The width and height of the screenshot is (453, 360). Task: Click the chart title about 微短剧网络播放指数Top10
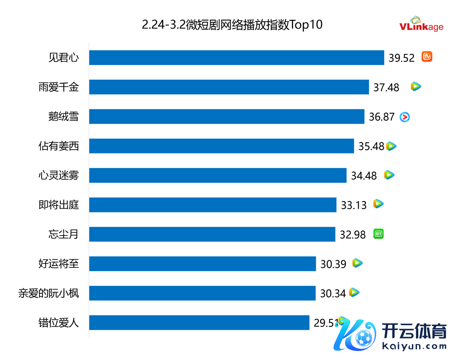click(x=232, y=25)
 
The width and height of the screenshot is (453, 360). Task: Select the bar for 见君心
click(x=237, y=58)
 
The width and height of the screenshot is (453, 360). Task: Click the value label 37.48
click(x=386, y=87)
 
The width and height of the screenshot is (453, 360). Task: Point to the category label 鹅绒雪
click(x=63, y=117)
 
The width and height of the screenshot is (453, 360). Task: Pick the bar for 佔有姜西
click(x=221, y=146)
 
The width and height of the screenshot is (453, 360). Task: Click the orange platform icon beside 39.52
click(x=427, y=57)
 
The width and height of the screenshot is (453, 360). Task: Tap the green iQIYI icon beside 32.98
click(x=379, y=234)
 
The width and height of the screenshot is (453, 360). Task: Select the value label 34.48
click(x=364, y=176)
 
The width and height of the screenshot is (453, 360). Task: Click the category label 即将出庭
click(x=59, y=205)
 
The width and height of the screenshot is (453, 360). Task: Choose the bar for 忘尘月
click(x=212, y=234)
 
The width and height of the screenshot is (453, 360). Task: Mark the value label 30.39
click(x=333, y=264)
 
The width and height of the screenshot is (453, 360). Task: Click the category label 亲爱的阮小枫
click(x=49, y=293)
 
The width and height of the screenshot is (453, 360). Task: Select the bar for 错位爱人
click(x=199, y=323)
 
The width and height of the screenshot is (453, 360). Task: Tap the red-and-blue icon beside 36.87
click(x=404, y=117)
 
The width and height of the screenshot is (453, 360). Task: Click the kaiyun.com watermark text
click(x=414, y=347)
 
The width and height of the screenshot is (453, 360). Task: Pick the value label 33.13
click(x=354, y=205)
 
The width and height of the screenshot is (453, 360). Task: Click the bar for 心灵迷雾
click(x=218, y=175)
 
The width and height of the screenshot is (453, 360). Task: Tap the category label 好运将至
click(x=59, y=264)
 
